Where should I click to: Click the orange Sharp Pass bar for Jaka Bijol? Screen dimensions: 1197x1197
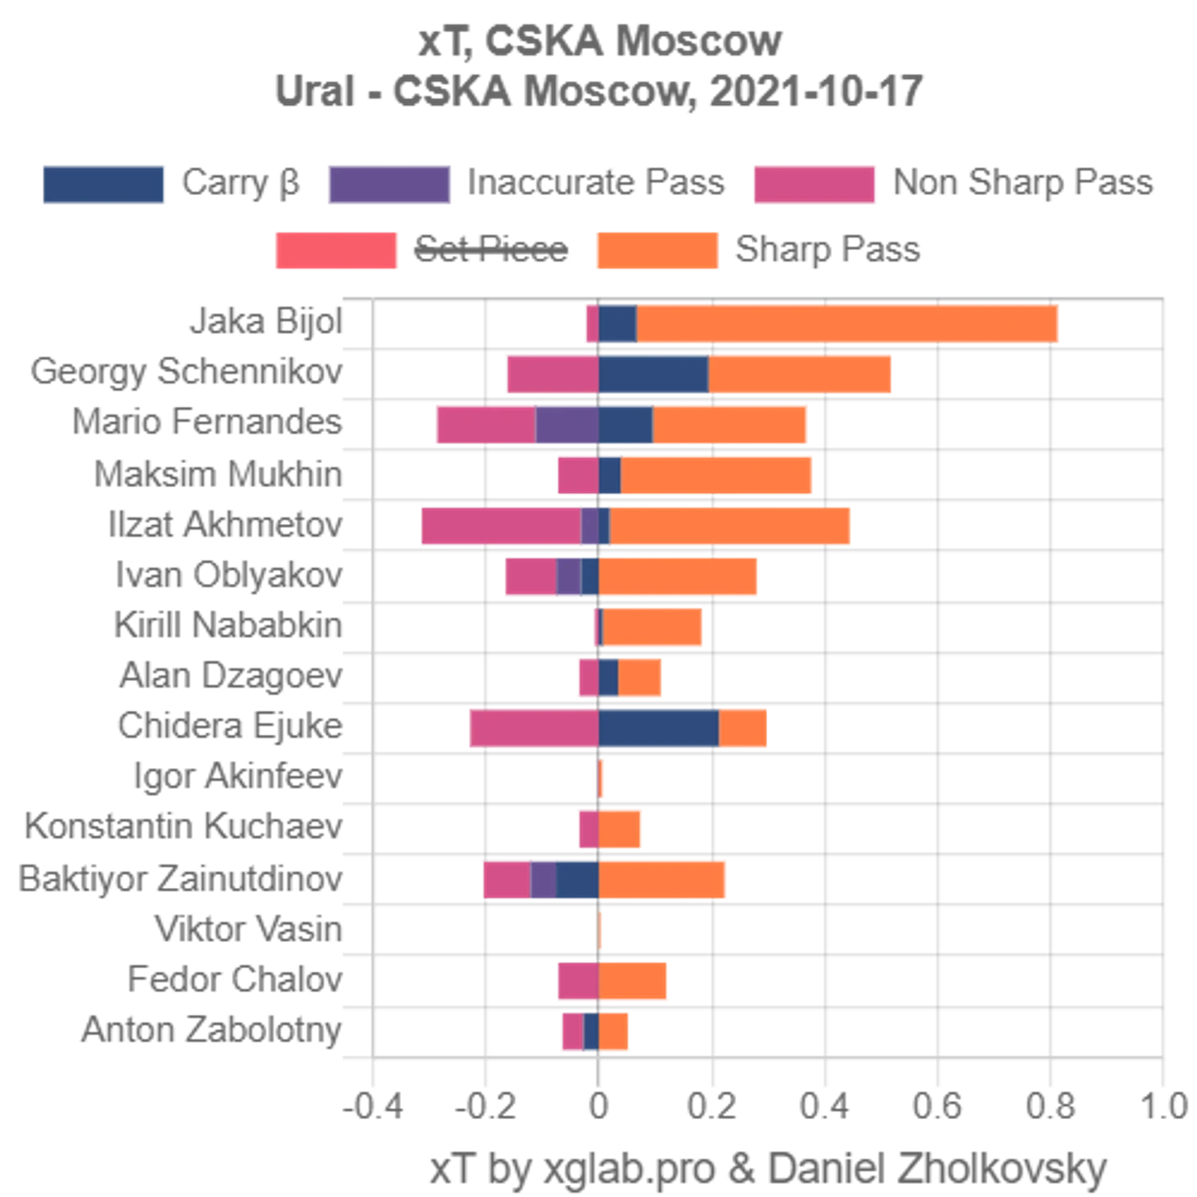coord(849,323)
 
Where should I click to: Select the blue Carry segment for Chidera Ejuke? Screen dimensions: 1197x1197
coord(658,727)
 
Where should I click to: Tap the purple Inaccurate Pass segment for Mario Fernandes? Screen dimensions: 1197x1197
coord(567,424)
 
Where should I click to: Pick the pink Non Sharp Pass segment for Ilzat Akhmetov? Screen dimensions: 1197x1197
coord(499,526)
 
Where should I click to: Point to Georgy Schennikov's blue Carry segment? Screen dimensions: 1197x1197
coord(653,374)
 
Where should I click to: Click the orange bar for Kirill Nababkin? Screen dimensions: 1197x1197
coord(653,627)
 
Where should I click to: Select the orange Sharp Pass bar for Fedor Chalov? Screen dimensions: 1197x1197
coord(635,981)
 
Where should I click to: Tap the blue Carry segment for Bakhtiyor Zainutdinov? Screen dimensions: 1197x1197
coord(577,880)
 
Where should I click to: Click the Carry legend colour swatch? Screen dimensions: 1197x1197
coord(103,184)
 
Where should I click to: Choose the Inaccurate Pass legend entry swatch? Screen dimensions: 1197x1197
coord(389,184)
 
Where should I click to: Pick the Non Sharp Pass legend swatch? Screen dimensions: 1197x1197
coord(814,184)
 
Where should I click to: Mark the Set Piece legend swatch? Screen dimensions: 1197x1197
coord(336,249)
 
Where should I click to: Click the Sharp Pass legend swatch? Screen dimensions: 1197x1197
coord(656,249)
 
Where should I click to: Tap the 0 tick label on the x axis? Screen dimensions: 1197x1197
coord(599,1108)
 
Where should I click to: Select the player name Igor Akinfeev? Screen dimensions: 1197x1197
coord(238,778)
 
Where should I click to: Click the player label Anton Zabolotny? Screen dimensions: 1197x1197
coord(212,1030)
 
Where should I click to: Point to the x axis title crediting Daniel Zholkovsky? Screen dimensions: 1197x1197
coord(769,1169)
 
